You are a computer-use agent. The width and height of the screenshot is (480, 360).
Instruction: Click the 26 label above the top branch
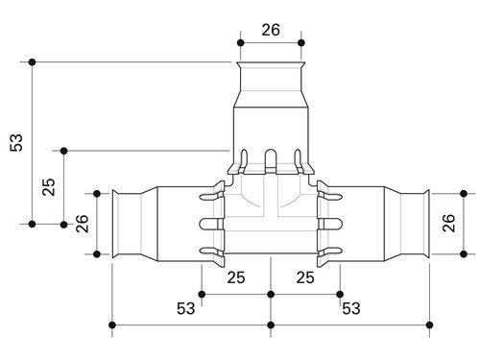click(271, 30)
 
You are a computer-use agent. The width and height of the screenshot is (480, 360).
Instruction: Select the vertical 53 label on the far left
click(16, 142)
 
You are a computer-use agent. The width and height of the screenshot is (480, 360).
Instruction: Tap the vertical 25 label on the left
click(49, 187)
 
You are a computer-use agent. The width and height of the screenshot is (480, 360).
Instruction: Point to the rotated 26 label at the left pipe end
click(82, 224)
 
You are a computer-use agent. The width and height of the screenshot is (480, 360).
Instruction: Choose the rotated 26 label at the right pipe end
click(448, 223)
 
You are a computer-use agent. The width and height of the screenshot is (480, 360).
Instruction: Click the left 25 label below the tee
click(236, 277)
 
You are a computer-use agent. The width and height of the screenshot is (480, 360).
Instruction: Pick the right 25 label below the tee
click(305, 277)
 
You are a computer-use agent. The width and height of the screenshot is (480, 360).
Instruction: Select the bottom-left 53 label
click(185, 308)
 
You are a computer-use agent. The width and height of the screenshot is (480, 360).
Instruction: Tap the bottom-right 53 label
click(351, 308)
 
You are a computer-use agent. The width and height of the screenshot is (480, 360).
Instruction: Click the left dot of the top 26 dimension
click(241, 43)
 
